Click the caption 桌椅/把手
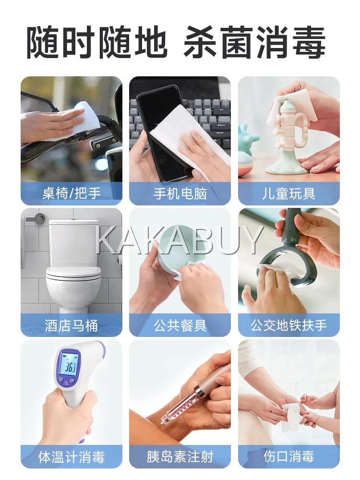72,193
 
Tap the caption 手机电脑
180,193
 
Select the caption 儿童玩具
288,193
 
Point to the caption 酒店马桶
72,325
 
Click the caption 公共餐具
180,325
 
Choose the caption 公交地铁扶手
288,325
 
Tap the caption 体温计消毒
72,457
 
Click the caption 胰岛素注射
180,457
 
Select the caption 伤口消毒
288,457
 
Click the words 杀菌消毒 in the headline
255,43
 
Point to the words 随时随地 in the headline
97,43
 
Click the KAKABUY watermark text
180,240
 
